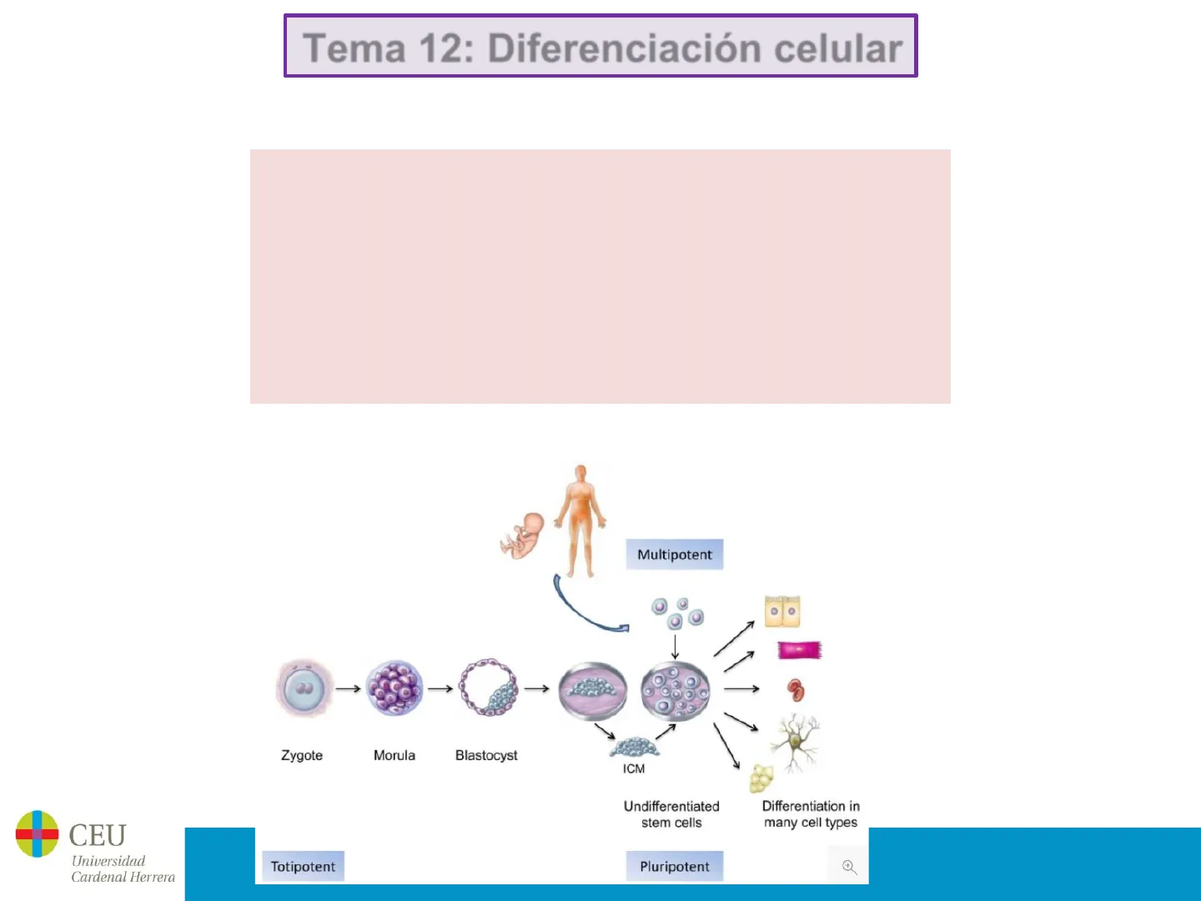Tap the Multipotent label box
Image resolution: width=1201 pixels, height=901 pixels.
click(x=675, y=555)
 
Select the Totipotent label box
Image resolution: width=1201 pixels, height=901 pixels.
click(x=303, y=867)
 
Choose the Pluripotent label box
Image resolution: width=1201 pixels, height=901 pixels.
click(x=675, y=867)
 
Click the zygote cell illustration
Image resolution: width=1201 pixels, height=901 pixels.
click(x=304, y=688)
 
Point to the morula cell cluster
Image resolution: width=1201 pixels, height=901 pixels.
click(x=394, y=688)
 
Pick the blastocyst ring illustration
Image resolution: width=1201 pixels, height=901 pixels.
click(x=489, y=688)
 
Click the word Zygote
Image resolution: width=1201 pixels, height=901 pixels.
click(x=302, y=755)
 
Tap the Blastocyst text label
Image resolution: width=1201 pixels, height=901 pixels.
click(x=486, y=755)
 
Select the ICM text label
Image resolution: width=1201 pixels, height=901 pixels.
click(x=634, y=768)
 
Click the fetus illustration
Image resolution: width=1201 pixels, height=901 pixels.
click(x=522, y=535)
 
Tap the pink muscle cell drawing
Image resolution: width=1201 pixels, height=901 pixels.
click(x=799, y=650)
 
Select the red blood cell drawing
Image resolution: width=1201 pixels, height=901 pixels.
click(x=796, y=690)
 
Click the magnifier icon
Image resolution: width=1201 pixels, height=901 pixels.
click(x=849, y=867)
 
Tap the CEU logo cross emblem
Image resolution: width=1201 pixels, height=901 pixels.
click(x=38, y=833)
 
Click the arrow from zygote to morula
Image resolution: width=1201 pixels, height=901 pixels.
click(x=348, y=689)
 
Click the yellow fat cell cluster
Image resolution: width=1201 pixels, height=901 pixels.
click(x=761, y=778)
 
